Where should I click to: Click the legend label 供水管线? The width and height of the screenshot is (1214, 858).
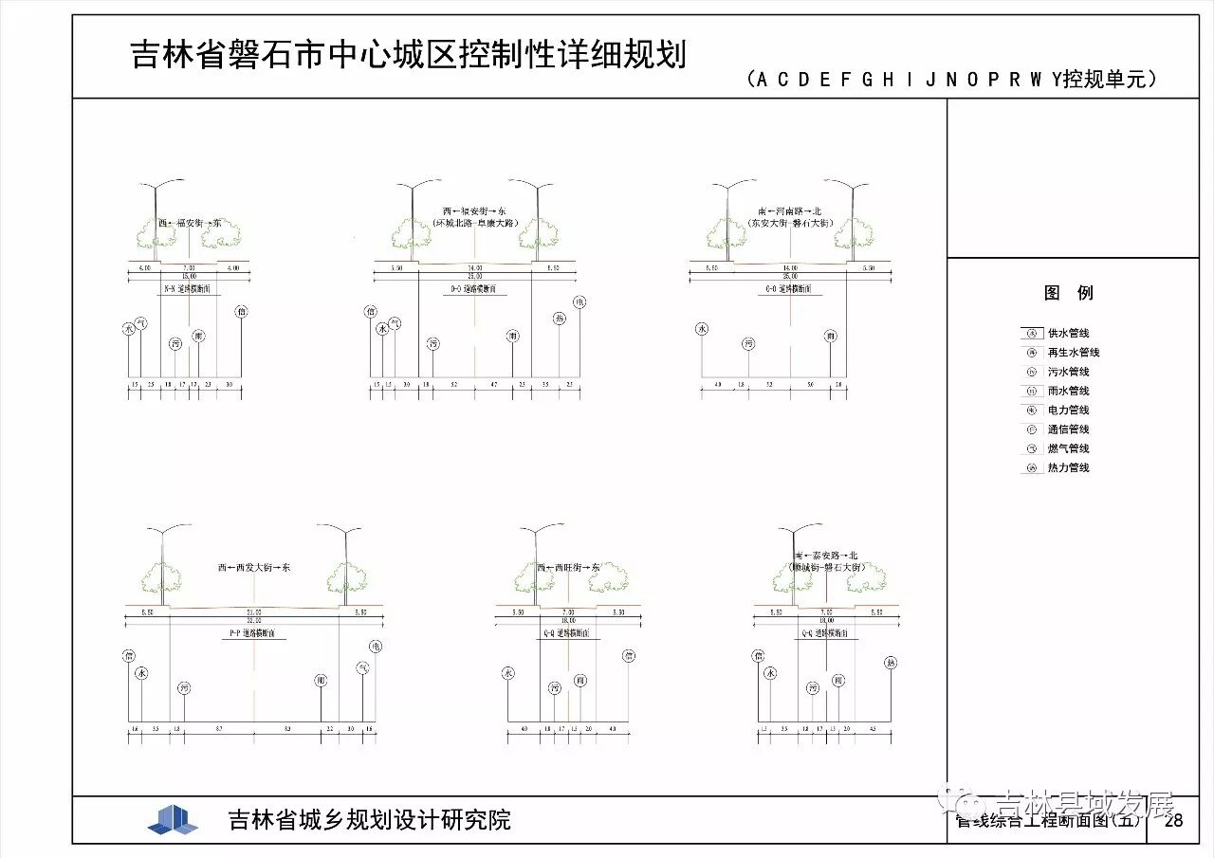(1068, 334)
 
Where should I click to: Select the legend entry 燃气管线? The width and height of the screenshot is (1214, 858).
(1068, 448)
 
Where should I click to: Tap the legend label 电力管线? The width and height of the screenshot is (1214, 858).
(1068, 411)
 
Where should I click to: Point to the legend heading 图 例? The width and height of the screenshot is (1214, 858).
(1069, 293)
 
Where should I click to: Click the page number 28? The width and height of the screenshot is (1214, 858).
(1174, 821)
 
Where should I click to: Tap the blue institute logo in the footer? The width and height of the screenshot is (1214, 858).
(173, 820)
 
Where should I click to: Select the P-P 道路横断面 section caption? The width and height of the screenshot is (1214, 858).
(253, 632)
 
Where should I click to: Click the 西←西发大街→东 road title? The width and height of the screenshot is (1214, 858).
(253, 567)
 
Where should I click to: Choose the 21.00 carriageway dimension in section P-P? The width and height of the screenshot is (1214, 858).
(253, 612)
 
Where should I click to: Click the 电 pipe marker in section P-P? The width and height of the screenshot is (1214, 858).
(376, 647)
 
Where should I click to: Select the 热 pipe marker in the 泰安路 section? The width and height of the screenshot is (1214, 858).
(890, 663)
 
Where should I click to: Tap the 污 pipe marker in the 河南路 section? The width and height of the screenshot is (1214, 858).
(748, 343)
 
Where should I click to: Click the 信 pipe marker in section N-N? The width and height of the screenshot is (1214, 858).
(242, 311)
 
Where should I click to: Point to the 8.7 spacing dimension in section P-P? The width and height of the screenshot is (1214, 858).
(219, 729)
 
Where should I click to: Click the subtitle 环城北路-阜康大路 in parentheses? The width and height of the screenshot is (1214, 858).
(474, 223)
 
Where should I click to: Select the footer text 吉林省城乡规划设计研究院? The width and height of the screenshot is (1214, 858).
(370, 820)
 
